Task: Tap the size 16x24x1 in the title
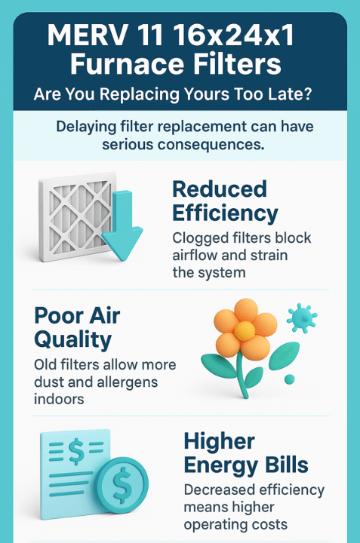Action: coord(233,35)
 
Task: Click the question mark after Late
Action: coord(306,94)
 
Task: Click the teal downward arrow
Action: coord(122,225)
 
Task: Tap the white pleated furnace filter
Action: coord(77,216)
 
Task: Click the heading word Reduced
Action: coord(220,189)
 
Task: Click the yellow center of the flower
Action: coord(245,331)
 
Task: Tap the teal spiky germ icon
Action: coord(302,318)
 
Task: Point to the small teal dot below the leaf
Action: coord(289,379)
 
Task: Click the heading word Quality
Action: coord(72,340)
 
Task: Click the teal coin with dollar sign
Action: coord(122,483)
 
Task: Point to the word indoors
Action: coord(59,399)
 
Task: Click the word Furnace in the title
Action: coord(127,64)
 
